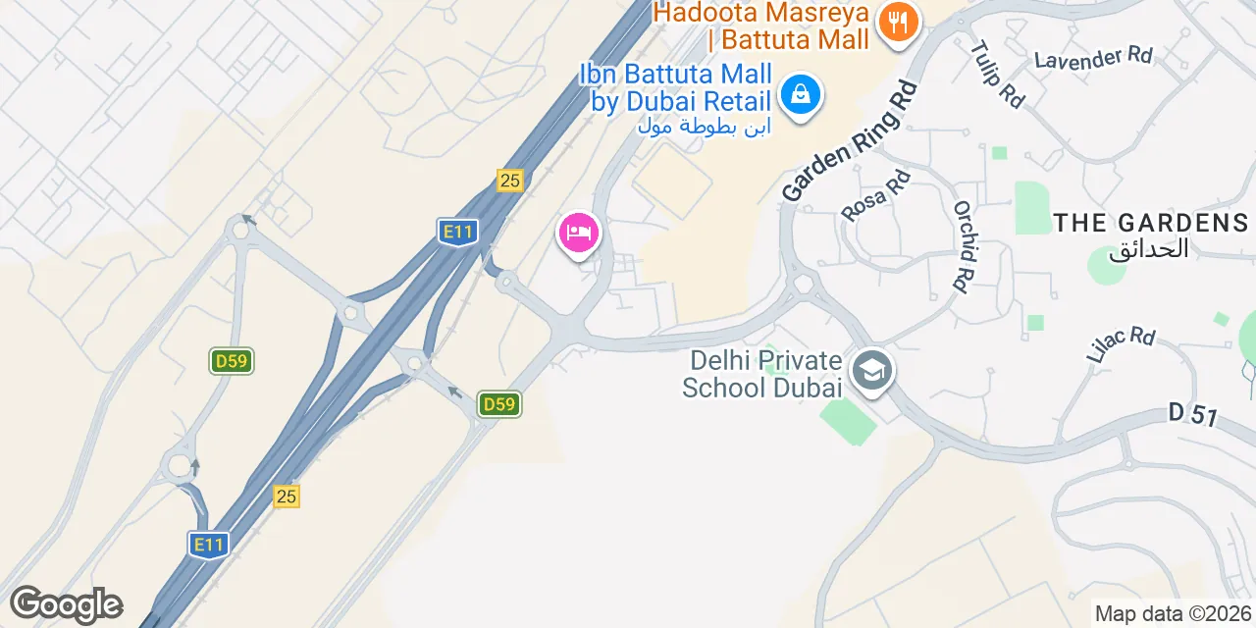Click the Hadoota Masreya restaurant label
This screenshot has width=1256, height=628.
pos(762,26)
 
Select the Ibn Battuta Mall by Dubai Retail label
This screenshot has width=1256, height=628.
pos(675,87)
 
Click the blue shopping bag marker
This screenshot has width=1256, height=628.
pos(801,95)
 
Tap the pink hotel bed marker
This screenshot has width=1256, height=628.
pos(579,234)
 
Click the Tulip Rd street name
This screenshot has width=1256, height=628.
pos(997,73)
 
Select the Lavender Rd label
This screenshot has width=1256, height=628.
pos(1093,58)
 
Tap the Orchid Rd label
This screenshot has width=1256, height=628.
pos(966,246)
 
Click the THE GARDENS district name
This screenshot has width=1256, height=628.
pos(1150,223)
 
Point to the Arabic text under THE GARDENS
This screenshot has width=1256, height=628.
pos(1148,249)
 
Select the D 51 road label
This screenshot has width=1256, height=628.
pos(1193,415)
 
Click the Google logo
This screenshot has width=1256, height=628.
pos(66,604)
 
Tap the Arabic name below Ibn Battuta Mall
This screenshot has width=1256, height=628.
pos(704,126)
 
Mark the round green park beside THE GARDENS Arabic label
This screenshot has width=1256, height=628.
pos(1106,265)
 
